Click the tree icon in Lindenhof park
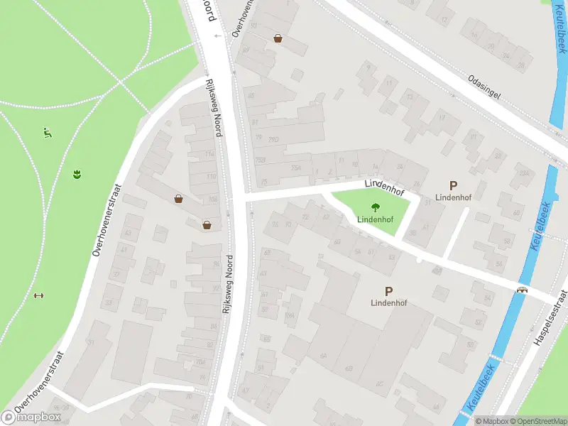pos(374,208)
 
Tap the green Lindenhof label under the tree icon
pos(374,219)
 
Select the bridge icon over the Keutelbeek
pos(523,290)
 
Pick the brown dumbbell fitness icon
pos(38,296)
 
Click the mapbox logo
pos(31,417)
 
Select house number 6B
pos(349,368)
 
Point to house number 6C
pos(379,383)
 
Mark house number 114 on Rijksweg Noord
pos(209,154)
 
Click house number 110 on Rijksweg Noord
pos(211,176)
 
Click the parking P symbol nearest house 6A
pos(388,290)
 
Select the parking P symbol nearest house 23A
pos(454,185)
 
